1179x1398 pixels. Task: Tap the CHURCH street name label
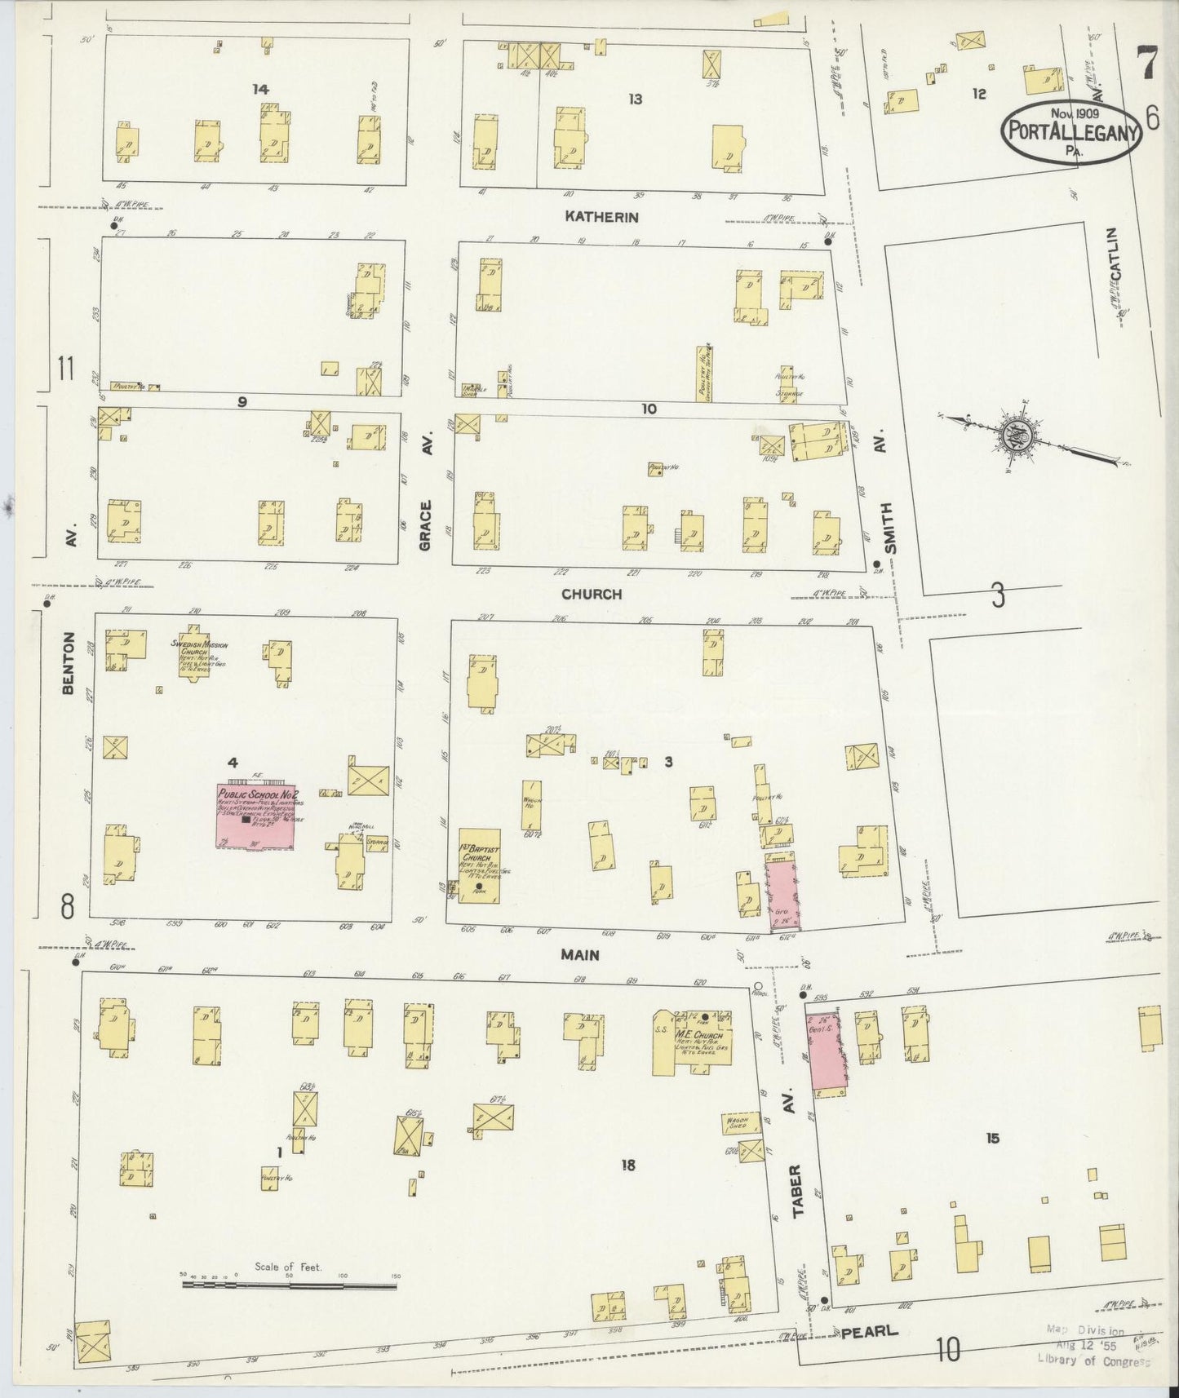[591, 594]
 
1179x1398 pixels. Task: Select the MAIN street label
[580, 954]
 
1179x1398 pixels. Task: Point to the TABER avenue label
[797, 1191]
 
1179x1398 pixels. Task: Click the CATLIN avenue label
[1115, 254]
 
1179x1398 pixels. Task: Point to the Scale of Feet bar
[290, 1285]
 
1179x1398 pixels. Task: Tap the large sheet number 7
[1147, 64]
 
